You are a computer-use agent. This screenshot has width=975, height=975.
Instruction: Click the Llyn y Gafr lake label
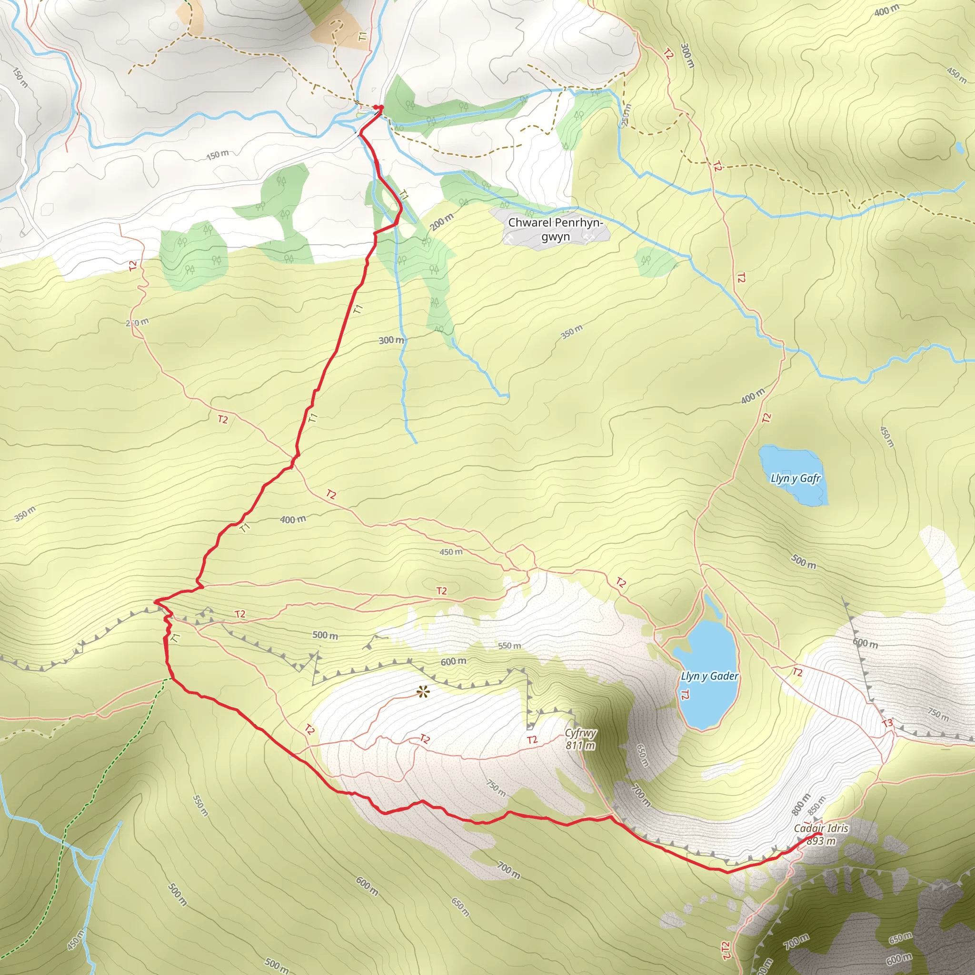point(796,478)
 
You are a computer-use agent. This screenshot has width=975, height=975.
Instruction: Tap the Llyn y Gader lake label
point(709,676)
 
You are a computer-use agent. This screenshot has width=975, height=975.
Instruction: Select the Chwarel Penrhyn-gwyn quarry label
point(555,229)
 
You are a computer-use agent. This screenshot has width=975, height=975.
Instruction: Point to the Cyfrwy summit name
point(580,733)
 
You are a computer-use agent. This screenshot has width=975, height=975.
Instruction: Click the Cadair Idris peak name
point(821,828)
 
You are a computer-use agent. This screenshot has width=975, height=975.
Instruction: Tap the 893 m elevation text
point(821,841)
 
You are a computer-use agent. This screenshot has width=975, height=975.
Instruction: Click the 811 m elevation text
point(580,746)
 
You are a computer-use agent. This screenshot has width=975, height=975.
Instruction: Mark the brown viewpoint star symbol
point(422,692)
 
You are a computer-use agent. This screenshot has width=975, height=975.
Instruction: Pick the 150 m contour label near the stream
point(218,154)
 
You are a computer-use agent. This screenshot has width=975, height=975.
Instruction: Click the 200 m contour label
point(442,221)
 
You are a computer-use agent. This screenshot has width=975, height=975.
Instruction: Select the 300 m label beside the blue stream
point(392,340)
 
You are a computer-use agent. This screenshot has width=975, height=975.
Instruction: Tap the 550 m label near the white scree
point(509,646)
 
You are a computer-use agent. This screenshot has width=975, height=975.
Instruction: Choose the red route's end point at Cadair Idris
point(817,834)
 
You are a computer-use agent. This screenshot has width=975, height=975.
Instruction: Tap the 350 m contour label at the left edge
point(25,513)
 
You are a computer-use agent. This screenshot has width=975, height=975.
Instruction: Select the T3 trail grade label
point(886,723)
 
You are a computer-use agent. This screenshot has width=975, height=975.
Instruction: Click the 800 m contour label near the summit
point(801,804)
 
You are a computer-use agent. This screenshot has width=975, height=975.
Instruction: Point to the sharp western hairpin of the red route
point(155,601)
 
